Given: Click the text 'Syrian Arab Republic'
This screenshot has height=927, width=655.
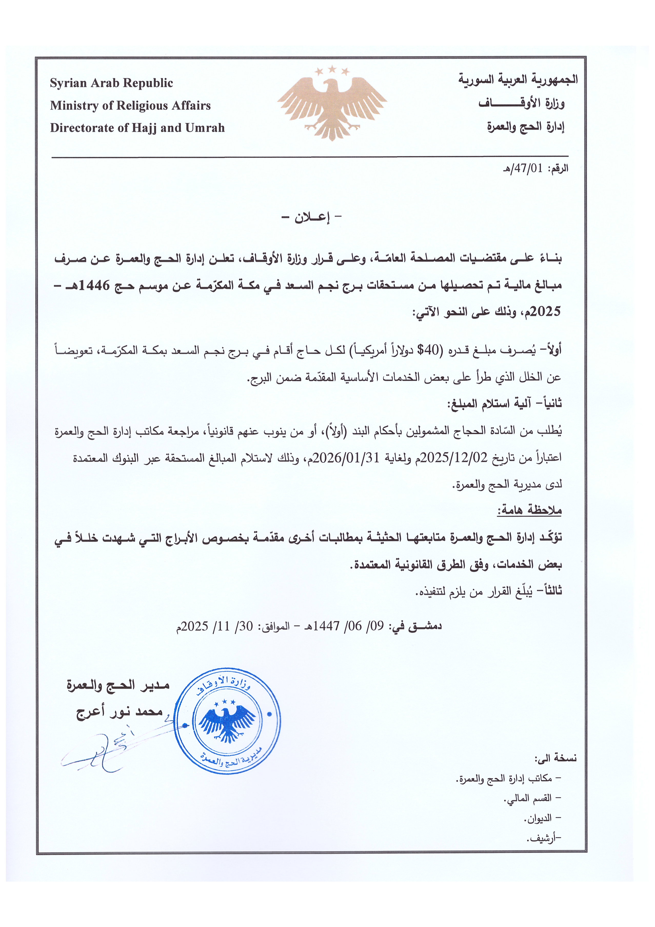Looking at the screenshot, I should (111, 83).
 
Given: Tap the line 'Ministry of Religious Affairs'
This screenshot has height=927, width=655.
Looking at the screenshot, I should (130, 106).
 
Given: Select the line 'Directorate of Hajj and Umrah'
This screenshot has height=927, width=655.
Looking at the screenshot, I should (137, 128).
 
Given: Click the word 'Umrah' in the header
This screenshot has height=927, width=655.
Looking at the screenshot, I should (205, 128).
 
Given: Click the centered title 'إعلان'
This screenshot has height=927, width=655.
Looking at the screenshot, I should (312, 218).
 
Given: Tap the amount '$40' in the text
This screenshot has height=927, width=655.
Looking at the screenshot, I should (428, 350).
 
